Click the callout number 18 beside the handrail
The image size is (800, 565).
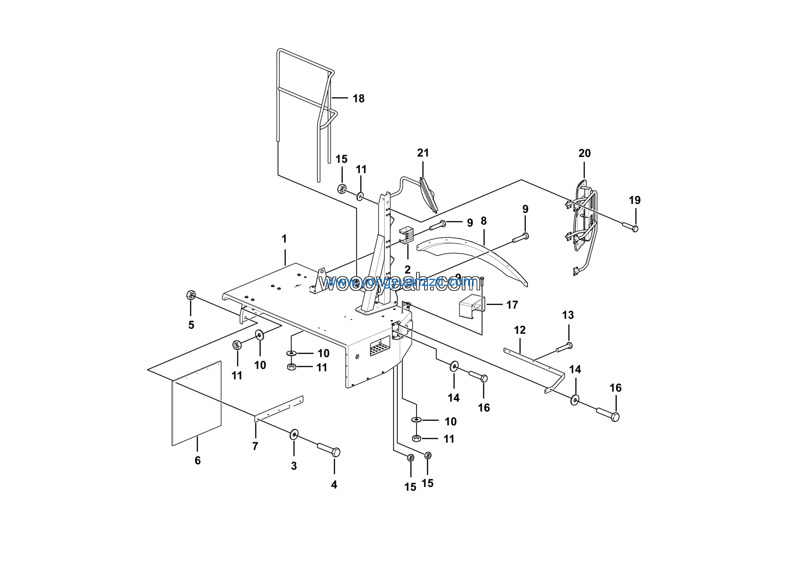[358, 98]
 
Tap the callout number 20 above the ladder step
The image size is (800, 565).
[584, 153]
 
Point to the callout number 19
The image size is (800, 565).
[634, 200]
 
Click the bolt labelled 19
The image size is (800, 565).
[630, 227]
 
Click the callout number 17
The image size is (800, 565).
[512, 305]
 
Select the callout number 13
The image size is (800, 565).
[567, 315]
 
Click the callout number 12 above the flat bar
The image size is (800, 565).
[519, 330]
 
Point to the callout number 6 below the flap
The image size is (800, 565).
[197, 461]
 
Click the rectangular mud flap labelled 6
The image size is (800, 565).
[197, 404]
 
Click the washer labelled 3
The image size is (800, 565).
[294, 434]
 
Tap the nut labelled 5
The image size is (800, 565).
[191, 295]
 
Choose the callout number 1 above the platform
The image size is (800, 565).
[284, 239]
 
